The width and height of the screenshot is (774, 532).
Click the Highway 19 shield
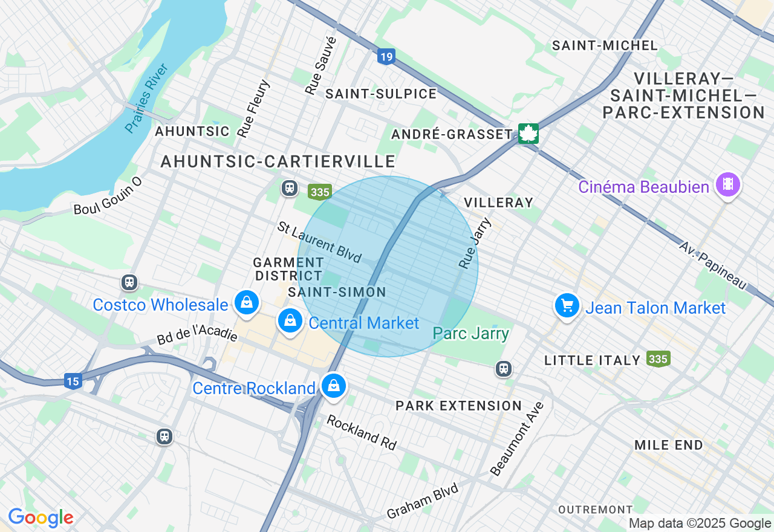tap(386, 57)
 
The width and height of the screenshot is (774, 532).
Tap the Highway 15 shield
tap(73, 381)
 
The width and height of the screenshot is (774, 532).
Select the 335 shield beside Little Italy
tap(658, 359)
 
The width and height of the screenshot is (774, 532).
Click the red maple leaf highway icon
tap(528, 134)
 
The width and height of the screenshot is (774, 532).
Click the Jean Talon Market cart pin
tap(567, 306)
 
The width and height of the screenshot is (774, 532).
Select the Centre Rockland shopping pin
tap(333, 386)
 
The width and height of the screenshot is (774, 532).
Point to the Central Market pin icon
tap(290, 320)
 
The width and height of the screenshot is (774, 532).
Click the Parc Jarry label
tap(471, 334)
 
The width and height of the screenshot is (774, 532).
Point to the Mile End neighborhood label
tap(668, 446)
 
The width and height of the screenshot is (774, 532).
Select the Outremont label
tap(595, 510)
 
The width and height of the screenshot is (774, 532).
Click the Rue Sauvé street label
tap(320, 65)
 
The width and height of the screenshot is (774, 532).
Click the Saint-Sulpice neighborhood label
tap(380, 94)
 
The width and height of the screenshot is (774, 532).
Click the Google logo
tap(41, 518)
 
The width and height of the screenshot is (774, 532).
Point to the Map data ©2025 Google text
tap(700, 524)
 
